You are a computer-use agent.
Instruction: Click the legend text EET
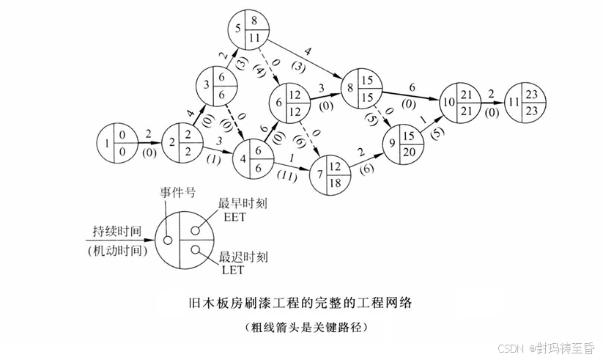click(232, 218)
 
